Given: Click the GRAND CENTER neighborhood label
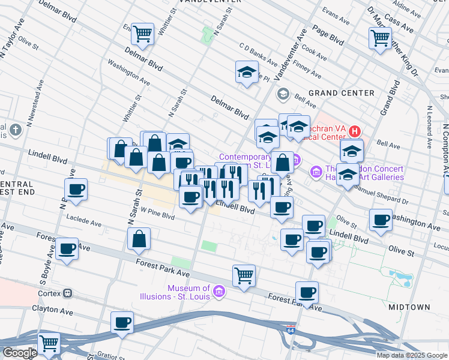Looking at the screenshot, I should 341,93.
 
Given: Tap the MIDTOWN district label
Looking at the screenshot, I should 409,307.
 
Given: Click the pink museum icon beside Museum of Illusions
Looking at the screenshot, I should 220,292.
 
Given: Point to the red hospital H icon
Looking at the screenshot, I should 355,131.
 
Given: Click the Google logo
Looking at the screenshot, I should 19,352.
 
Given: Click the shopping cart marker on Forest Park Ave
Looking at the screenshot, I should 244,275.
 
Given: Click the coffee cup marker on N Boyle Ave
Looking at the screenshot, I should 76,190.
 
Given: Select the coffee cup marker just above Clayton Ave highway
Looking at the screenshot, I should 122,322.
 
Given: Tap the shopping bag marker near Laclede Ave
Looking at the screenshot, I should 139,238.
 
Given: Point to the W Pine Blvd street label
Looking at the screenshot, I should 158,216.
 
